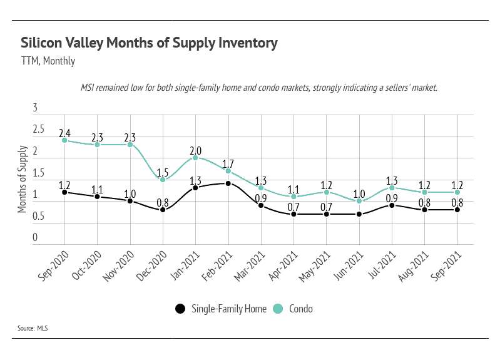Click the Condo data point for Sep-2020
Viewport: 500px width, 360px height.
click(64, 140)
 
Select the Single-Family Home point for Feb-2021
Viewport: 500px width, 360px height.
click(228, 183)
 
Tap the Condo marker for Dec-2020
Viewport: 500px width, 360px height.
click(163, 180)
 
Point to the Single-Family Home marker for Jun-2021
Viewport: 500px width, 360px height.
click(359, 214)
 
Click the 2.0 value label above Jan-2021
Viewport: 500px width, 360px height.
click(195, 150)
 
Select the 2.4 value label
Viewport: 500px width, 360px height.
click(64, 133)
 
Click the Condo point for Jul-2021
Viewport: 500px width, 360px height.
click(392, 188)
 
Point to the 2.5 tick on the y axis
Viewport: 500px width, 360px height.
click(39, 130)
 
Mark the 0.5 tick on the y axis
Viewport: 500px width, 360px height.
click(39, 216)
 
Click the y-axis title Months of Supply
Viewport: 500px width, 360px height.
click(23, 179)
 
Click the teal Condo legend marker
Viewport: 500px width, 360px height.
click(278, 309)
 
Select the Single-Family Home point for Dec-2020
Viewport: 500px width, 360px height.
click(163, 210)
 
